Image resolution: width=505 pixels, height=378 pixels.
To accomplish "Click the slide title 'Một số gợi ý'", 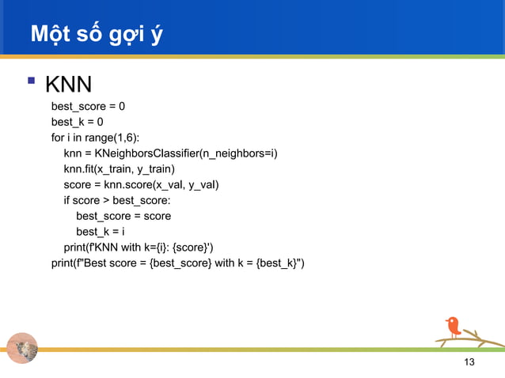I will (x=96, y=34).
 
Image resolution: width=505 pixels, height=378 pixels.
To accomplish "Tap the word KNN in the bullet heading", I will (x=68, y=84).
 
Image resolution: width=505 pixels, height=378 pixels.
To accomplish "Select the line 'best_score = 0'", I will (x=88, y=106).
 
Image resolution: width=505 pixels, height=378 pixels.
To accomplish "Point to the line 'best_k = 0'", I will (x=77, y=122).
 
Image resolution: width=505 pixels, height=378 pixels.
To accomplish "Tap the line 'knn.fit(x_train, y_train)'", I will (x=119, y=168).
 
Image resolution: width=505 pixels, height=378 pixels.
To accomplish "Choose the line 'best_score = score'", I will (x=123, y=216).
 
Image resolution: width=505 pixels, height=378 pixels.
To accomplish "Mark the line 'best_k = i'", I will (x=101, y=232).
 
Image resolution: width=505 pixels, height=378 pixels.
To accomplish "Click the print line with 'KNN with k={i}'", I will (x=139, y=247).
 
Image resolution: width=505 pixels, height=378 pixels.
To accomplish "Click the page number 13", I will (x=469, y=362).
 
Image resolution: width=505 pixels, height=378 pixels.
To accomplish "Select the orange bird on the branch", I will (x=453, y=326).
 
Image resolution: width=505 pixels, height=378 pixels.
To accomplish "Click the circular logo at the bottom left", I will (x=21, y=349).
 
